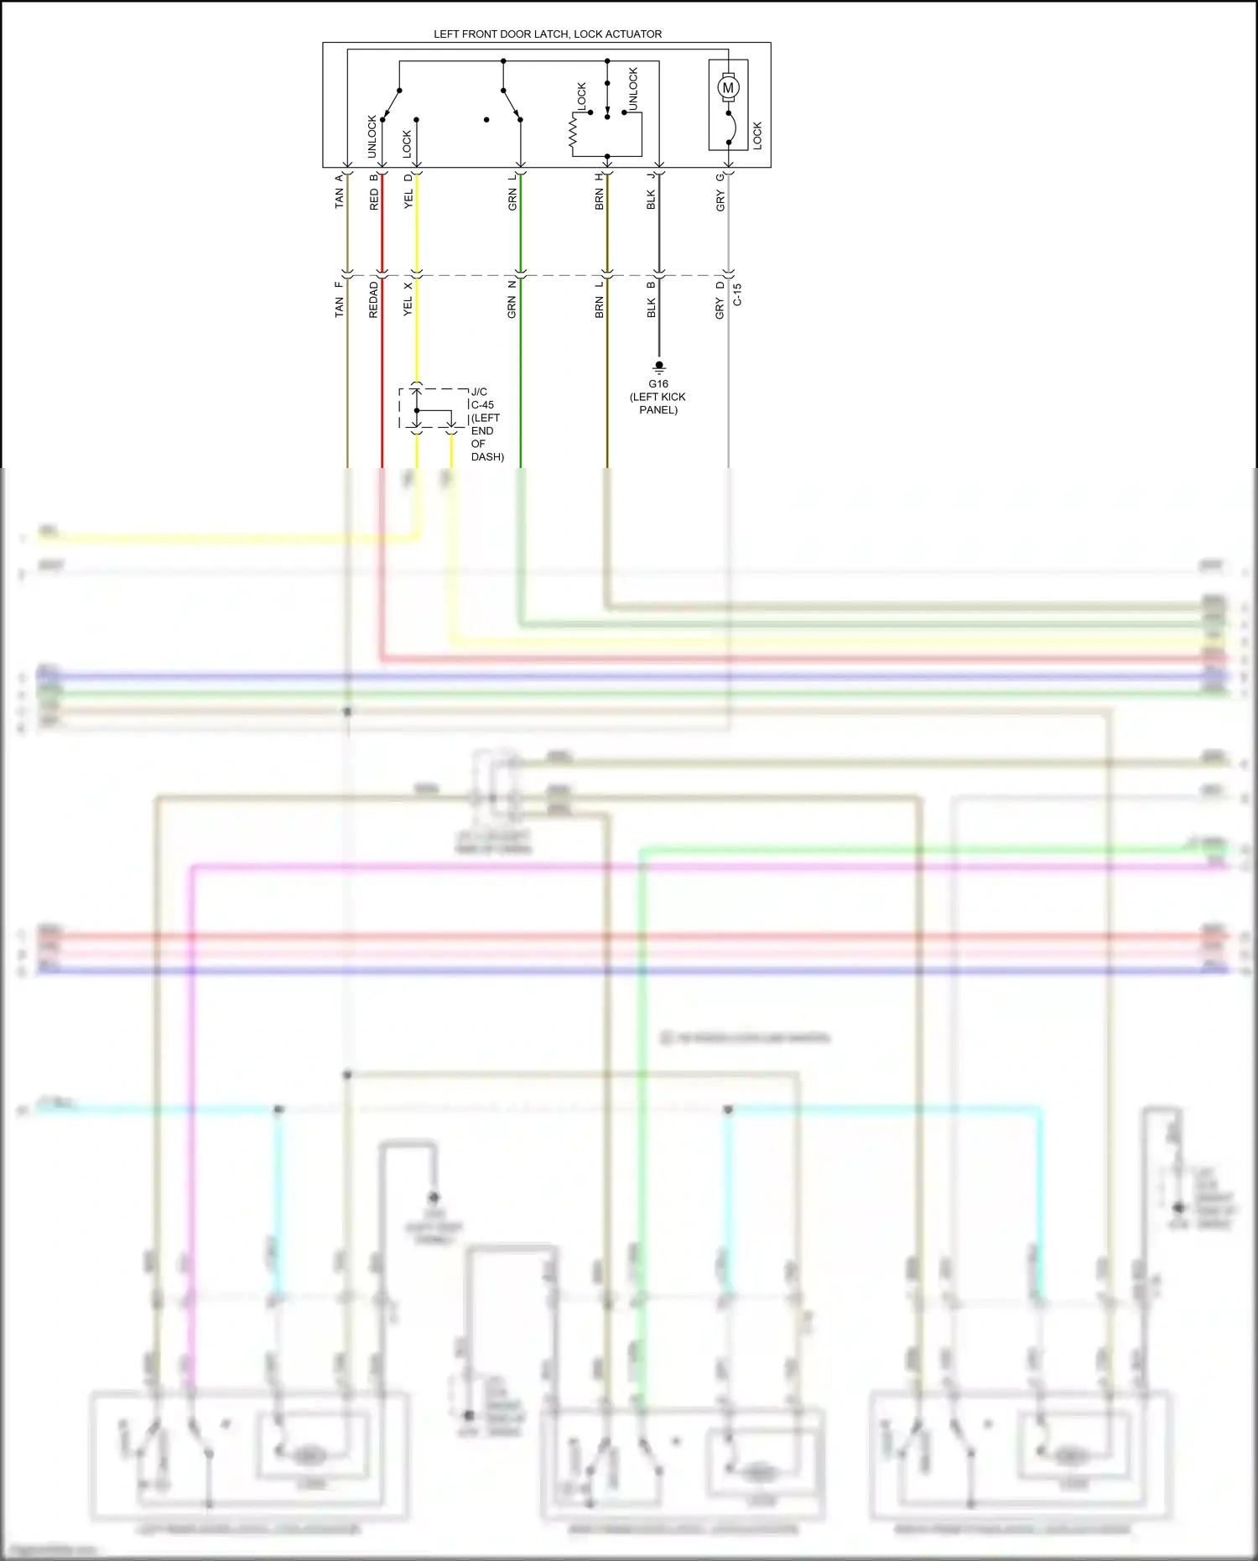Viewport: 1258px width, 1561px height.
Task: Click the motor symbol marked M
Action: (728, 87)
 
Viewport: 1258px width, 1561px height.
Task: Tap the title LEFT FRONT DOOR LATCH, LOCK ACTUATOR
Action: (547, 34)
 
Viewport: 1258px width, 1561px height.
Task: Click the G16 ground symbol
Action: (658, 367)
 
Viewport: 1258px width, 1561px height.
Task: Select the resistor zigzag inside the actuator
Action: (574, 133)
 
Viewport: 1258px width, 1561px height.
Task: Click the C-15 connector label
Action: (737, 294)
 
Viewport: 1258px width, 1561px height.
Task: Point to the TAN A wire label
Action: (339, 192)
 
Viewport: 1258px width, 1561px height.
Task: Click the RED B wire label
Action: (373, 192)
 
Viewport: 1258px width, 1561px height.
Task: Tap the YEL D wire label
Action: (408, 192)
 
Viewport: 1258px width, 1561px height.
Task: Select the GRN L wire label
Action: (512, 192)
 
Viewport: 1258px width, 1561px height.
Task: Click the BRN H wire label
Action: (599, 192)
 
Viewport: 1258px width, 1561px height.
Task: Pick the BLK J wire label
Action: (651, 192)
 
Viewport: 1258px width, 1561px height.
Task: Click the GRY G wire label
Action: (720, 192)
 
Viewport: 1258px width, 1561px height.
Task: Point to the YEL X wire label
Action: (408, 299)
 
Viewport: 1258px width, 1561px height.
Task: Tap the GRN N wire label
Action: (512, 299)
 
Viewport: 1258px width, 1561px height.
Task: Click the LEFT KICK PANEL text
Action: (658, 403)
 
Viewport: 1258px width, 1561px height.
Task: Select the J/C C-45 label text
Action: (481, 398)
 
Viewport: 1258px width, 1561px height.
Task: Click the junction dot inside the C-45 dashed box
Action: (416, 411)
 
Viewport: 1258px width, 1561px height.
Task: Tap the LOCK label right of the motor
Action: (757, 135)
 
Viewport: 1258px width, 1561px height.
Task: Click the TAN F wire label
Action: (339, 299)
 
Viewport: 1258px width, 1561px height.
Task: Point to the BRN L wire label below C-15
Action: (599, 299)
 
